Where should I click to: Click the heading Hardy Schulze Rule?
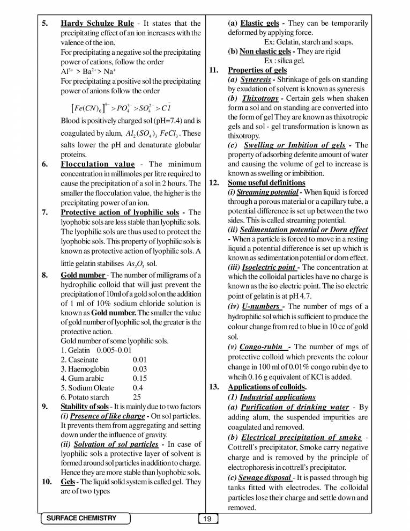[x=97, y=24]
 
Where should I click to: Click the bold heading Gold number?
[x=83, y=276]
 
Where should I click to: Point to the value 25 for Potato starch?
[x=137, y=397]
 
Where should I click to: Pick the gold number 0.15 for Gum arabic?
[x=140, y=378]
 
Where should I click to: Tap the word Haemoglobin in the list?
[x=85, y=369]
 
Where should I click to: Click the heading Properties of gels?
[x=257, y=70]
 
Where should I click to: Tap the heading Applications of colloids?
[x=267, y=387]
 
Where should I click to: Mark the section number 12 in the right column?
[x=214, y=182]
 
